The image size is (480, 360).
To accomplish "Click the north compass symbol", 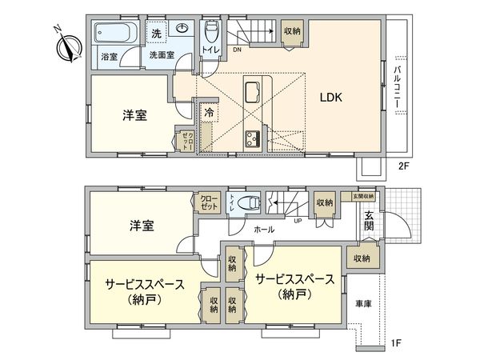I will click(x=66, y=43).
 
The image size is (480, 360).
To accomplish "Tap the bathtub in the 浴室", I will click(x=117, y=34).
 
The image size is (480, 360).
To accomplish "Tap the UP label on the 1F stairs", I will click(x=298, y=220).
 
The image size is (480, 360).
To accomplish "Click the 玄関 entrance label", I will click(x=370, y=220).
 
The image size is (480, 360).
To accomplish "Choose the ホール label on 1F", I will click(x=264, y=230).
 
